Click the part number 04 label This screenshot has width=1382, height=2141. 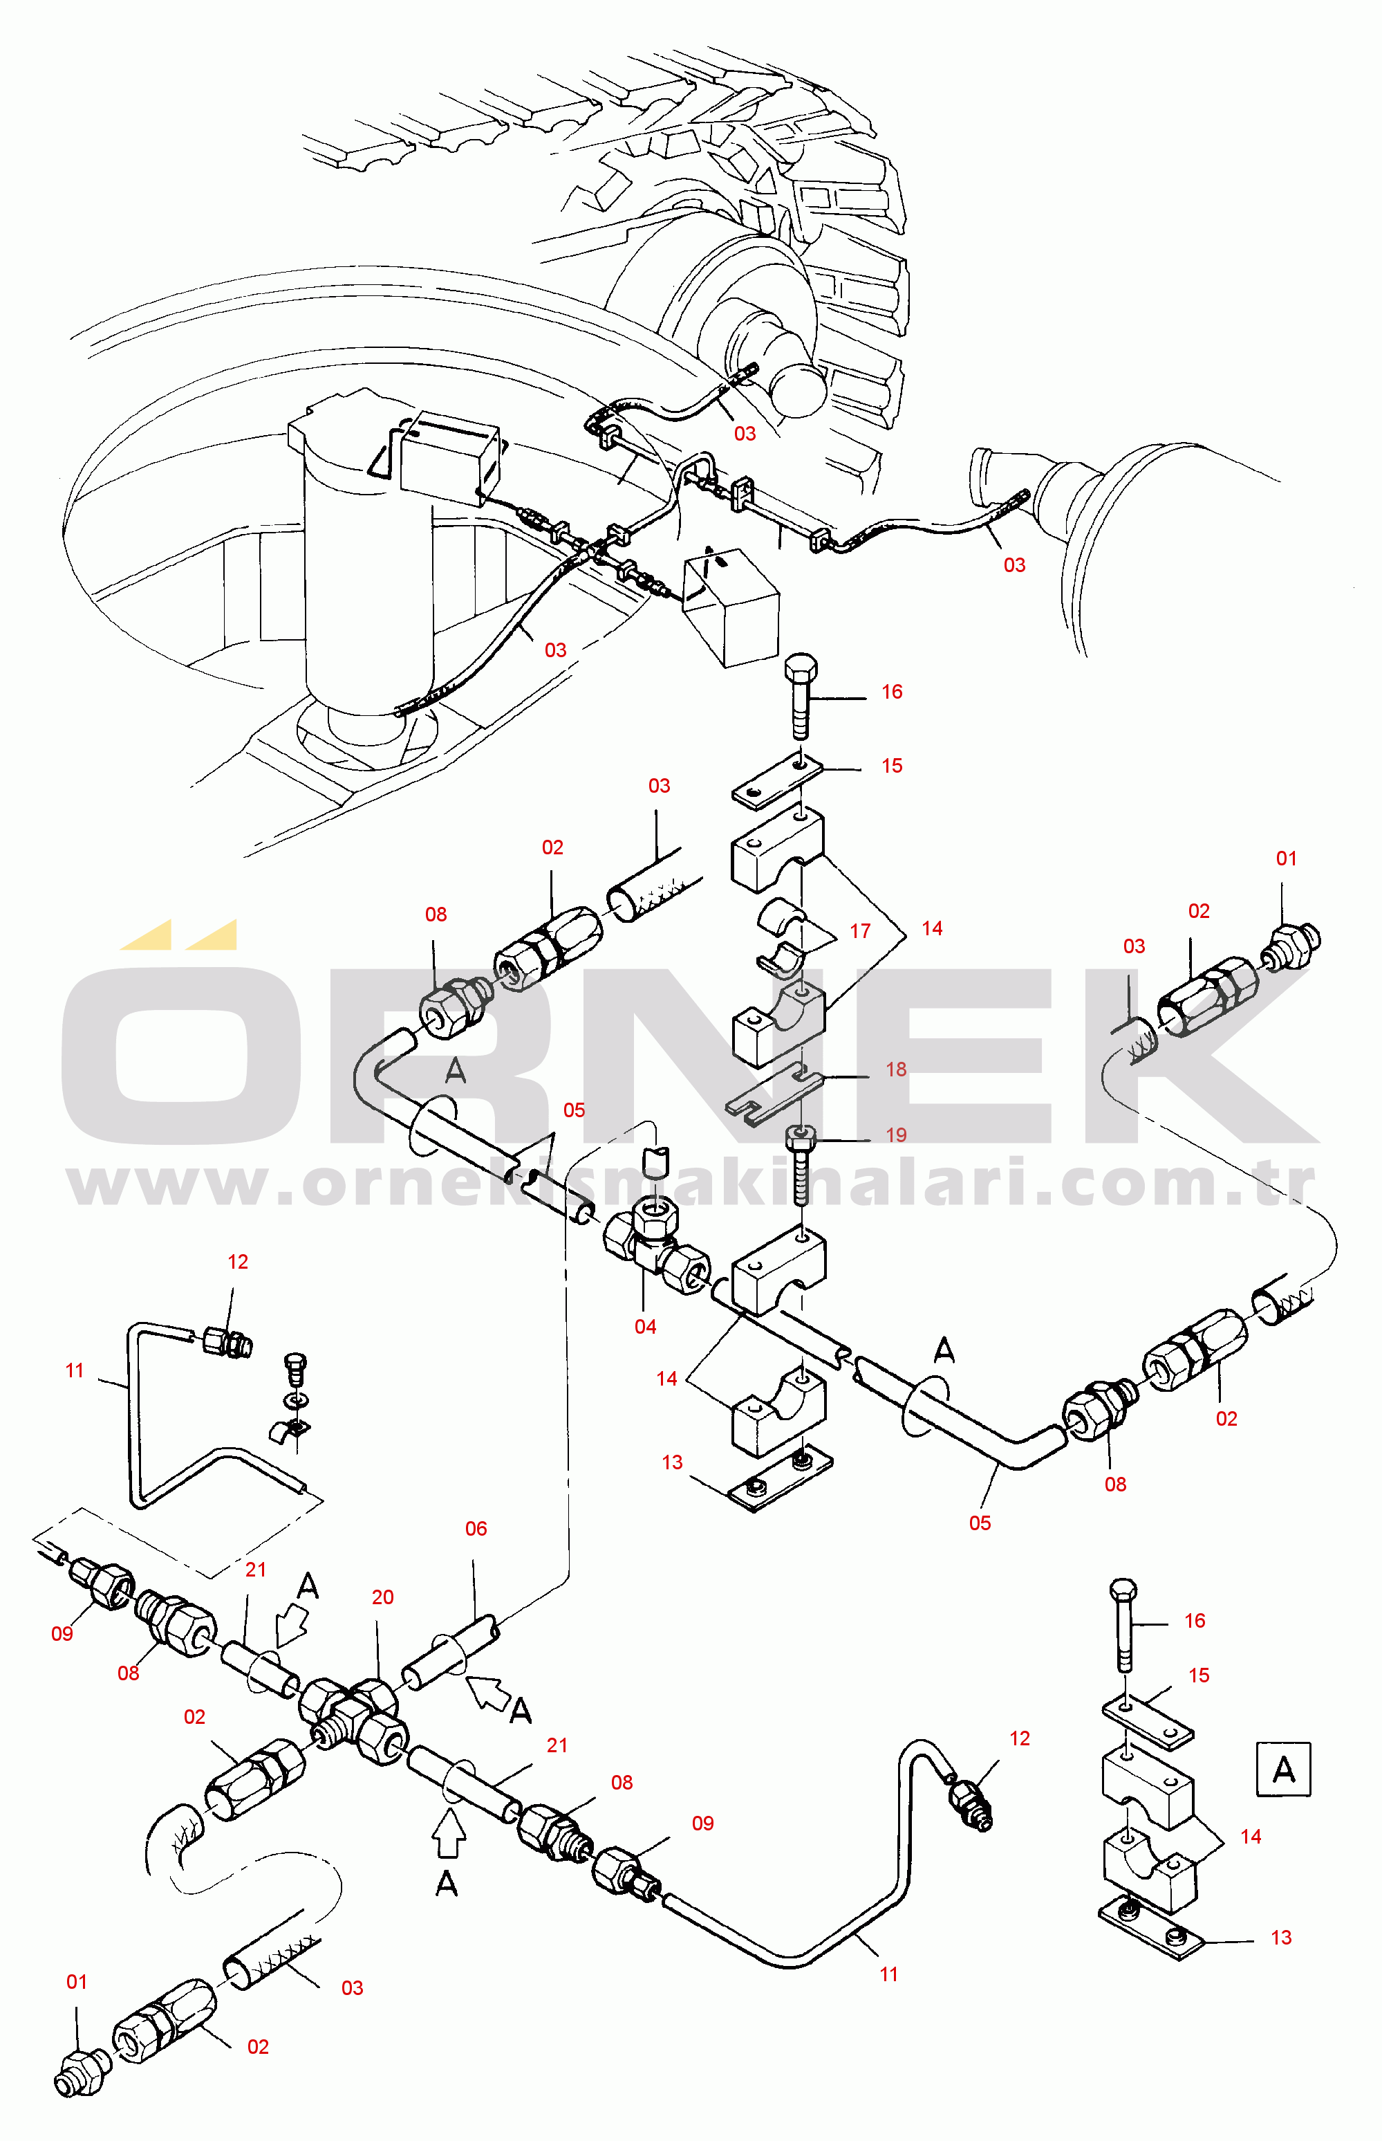(x=645, y=1326)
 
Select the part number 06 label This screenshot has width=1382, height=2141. (x=476, y=1528)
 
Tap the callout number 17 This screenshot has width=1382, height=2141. (x=860, y=931)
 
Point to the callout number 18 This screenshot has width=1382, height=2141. (x=895, y=1069)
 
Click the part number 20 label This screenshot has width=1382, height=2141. (x=382, y=1597)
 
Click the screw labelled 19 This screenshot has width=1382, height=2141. (x=801, y=1167)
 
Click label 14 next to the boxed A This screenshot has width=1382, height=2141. (x=1250, y=1836)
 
